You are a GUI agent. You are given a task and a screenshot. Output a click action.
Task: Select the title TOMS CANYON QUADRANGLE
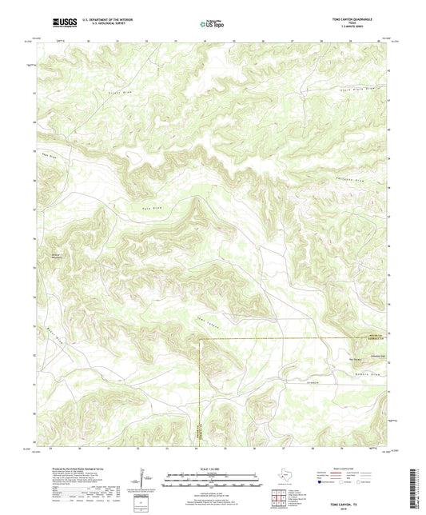pyautogui.click(x=357, y=17)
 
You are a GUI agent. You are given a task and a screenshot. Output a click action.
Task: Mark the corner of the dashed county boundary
pyautogui.click(x=199, y=339)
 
